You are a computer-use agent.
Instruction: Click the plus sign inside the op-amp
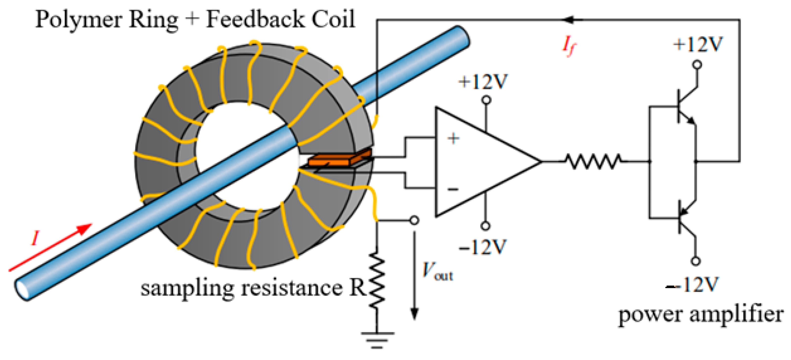point(453,138)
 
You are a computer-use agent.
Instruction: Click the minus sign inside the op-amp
point(453,189)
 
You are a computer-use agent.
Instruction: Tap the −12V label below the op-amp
point(482,247)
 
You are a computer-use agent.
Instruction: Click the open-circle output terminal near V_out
point(414,220)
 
